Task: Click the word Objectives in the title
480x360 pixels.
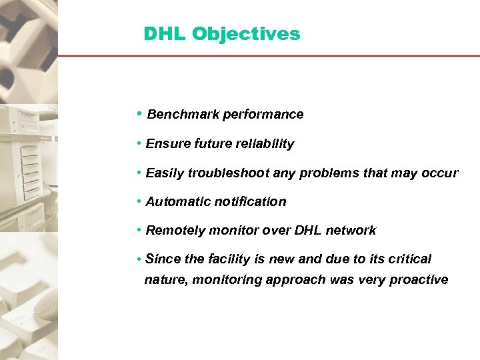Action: pos(247,34)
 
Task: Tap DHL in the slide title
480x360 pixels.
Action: pos(165,34)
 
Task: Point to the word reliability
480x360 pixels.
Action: pos(262,144)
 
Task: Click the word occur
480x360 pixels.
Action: pos(440,173)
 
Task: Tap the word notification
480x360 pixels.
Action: pos(249,202)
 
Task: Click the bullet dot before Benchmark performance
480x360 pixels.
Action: pos(138,114)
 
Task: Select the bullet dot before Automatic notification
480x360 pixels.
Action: pos(137,201)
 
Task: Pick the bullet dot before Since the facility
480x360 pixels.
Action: pos(137,259)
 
